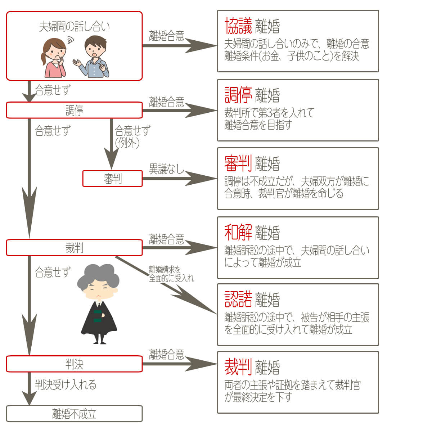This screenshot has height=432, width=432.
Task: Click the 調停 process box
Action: [74, 110]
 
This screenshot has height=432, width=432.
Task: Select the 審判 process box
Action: [112, 179]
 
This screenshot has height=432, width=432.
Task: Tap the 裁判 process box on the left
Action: [74, 248]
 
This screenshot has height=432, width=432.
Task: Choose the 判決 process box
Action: [74, 364]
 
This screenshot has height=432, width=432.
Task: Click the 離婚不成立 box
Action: [74, 414]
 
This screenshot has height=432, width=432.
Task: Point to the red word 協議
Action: [238, 26]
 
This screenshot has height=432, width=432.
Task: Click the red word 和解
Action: [238, 232]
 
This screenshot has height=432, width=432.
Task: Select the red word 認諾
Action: [238, 299]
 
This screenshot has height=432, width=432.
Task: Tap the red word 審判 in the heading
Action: [238, 163]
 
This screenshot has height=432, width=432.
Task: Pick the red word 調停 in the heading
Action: [238, 95]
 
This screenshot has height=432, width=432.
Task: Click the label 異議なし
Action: [166, 168]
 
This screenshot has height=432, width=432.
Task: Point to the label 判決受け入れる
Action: [66, 384]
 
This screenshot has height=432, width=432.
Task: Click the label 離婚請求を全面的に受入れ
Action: [171, 274]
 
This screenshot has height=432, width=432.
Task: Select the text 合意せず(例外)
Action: [132, 136]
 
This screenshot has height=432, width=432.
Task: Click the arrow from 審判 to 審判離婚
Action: [180, 179]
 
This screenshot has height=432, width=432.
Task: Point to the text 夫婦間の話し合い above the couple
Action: [74, 26]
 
